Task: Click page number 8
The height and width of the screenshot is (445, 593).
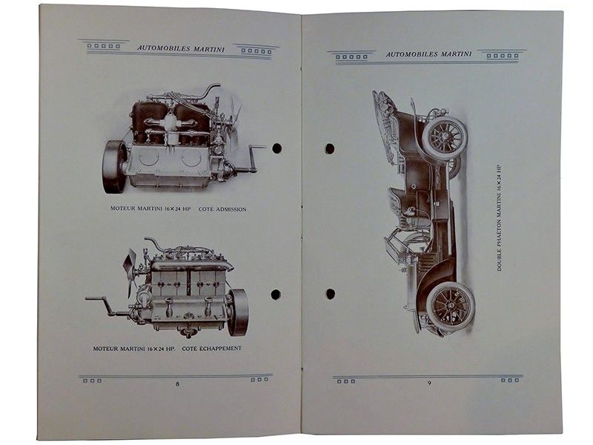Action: [x=177, y=383]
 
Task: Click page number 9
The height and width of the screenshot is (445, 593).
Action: [x=429, y=383]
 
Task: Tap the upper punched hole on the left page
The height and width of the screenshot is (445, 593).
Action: [x=276, y=148]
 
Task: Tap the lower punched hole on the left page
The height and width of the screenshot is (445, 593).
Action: [x=276, y=294]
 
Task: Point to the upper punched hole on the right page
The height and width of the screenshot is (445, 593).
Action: [x=330, y=148]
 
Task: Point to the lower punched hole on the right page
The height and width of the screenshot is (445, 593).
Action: [x=331, y=294]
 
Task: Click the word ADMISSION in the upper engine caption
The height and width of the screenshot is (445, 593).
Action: [x=231, y=209]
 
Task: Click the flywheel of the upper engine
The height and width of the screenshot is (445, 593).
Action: [x=115, y=166]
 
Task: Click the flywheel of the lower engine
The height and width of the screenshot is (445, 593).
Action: [x=239, y=312]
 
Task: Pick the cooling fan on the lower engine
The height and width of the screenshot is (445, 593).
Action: [x=130, y=271]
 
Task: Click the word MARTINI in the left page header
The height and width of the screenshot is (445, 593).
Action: [x=209, y=49]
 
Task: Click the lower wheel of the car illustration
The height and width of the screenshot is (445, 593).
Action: [x=451, y=305]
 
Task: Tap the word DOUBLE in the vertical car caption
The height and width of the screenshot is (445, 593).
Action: [x=499, y=259]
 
